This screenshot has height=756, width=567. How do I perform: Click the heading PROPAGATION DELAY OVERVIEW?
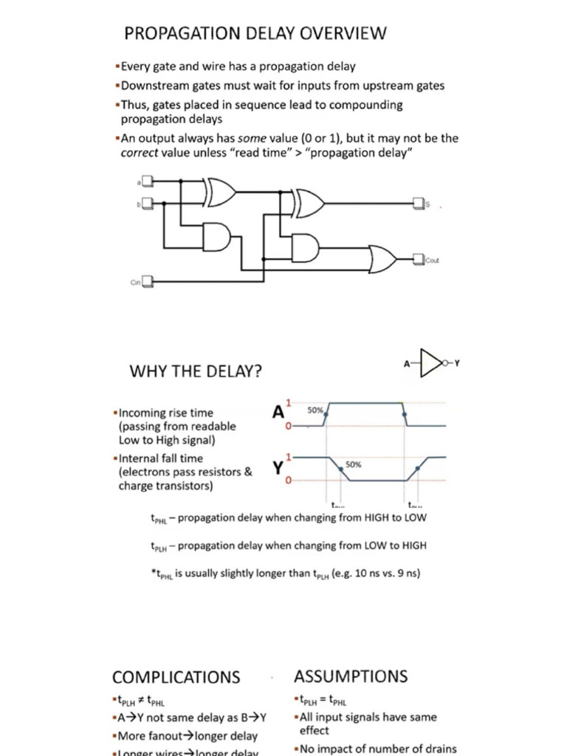(x=255, y=33)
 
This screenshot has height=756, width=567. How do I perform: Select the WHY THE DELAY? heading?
(x=195, y=372)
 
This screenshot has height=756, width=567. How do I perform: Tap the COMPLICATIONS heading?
(x=176, y=677)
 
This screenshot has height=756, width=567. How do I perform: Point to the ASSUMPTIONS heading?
(x=351, y=676)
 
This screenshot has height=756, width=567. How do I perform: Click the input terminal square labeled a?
(x=148, y=181)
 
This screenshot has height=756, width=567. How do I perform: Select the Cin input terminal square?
(x=147, y=281)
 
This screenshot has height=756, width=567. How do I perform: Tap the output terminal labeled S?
(x=418, y=202)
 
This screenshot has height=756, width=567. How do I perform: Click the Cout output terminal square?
(x=419, y=259)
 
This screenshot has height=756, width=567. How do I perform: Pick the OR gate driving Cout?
(x=382, y=259)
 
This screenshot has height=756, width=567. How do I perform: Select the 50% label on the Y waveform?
(x=354, y=464)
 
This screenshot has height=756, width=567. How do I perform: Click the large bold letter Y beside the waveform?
(x=278, y=468)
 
